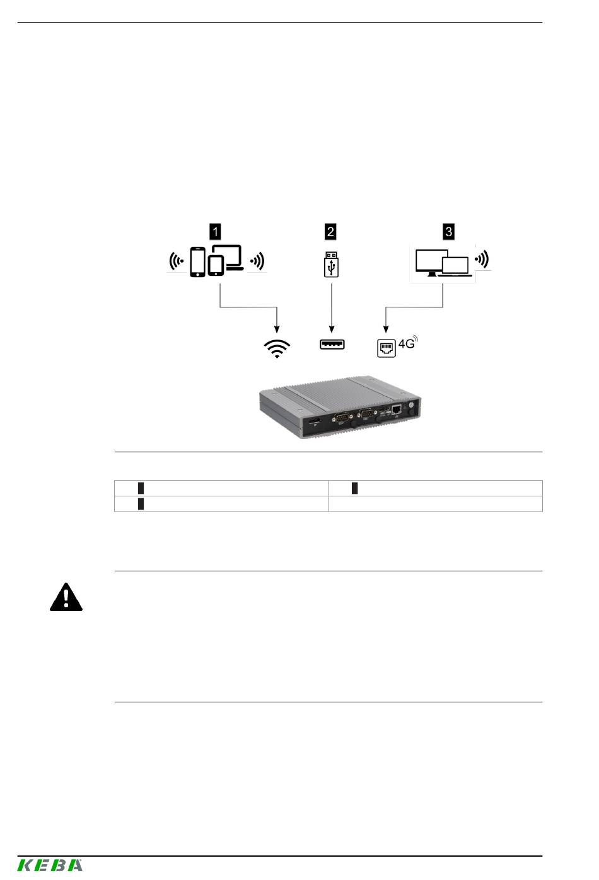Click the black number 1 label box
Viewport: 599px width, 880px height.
pyautogui.click(x=215, y=231)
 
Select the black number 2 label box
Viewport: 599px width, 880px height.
pyautogui.click(x=330, y=231)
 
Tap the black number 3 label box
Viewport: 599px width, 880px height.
pyautogui.click(x=448, y=231)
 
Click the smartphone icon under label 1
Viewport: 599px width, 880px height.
pyautogui.click(x=197, y=261)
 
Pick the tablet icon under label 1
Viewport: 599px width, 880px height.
pyautogui.click(x=216, y=266)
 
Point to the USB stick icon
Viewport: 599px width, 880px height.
pyautogui.click(x=331, y=265)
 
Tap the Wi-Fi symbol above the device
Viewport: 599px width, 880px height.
pyautogui.click(x=277, y=349)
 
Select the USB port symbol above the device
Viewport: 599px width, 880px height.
pyautogui.click(x=332, y=345)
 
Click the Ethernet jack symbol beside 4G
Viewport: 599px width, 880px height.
pyautogui.click(x=387, y=348)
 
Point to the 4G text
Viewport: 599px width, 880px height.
pyautogui.click(x=406, y=344)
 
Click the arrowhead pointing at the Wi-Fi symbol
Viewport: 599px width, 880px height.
pyautogui.click(x=277, y=329)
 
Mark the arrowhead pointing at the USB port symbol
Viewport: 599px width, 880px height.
pyautogui.click(x=332, y=329)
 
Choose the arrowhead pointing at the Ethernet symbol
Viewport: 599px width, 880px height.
pyautogui.click(x=386, y=329)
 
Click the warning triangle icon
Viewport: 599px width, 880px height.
pyautogui.click(x=66, y=598)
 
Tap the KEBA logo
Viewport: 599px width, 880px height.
pyautogui.click(x=50, y=865)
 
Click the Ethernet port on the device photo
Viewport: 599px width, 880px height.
pyautogui.click(x=397, y=409)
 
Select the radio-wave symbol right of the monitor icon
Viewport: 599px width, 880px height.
pyautogui.click(x=482, y=260)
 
